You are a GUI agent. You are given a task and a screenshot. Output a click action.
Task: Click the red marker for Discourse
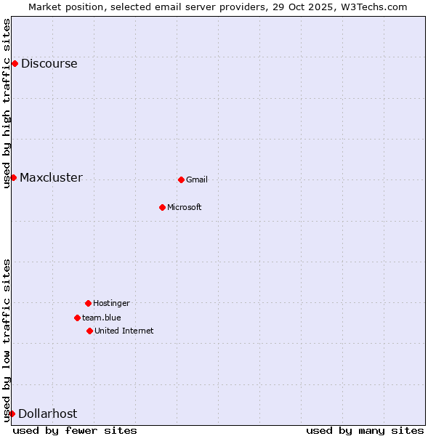pyautogui.click(x=15, y=63)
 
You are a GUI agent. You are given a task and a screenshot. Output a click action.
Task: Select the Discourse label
pyautogui.click(x=49, y=63)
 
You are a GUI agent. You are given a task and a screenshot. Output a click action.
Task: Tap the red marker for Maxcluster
pyautogui.click(x=13, y=177)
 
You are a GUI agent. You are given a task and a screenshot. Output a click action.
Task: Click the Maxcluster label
pyautogui.click(x=51, y=178)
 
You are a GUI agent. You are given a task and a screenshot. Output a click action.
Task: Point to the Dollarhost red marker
pyautogui.click(x=12, y=413)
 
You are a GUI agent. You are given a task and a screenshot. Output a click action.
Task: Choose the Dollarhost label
pyautogui.click(x=47, y=413)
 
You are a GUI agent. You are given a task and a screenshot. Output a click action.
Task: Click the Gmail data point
pyautogui.click(x=181, y=179)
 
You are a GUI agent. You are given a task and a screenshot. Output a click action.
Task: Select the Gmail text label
pyautogui.click(x=197, y=179)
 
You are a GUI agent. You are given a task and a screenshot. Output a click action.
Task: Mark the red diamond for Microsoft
pyautogui.click(x=162, y=207)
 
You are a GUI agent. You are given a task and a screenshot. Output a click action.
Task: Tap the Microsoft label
pyautogui.click(x=185, y=207)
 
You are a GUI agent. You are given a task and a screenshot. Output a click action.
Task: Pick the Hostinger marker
pyautogui.click(x=88, y=303)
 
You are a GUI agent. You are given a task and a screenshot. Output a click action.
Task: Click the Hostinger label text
pyautogui.click(x=111, y=303)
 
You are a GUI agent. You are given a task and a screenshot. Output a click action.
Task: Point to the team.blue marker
pyautogui.click(x=77, y=318)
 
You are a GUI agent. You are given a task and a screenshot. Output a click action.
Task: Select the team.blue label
pyautogui.click(x=102, y=318)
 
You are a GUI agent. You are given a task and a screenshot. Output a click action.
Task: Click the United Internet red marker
pyautogui.click(x=89, y=331)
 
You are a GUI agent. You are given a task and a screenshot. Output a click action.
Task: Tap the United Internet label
pyautogui.click(x=124, y=331)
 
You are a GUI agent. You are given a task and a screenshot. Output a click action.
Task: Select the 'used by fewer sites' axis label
pyautogui.click(x=75, y=430)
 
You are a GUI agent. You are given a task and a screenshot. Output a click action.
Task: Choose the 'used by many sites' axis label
pyautogui.click(x=365, y=430)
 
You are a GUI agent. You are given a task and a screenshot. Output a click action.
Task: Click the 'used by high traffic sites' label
pyautogui.click(x=7, y=103)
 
